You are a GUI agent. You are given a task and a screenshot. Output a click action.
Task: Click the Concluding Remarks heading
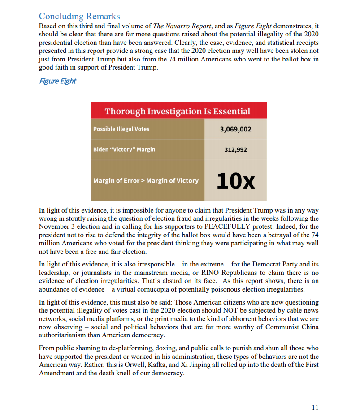[x=79, y=16]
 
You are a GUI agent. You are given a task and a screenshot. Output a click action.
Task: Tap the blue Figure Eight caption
[x=57, y=81]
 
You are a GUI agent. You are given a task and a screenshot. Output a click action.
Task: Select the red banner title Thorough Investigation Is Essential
[x=178, y=111]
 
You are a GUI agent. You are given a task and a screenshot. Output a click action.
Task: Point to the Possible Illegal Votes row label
[x=121, y=129]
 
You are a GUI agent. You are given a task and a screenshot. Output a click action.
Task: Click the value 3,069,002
[x=235, y=129]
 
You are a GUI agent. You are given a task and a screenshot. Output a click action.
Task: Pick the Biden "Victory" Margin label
[x=124, y=149]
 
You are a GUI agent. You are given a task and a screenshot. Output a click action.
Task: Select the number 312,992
[x=235, y=149]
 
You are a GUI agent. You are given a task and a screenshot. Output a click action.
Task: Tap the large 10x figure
[x=235, y=180]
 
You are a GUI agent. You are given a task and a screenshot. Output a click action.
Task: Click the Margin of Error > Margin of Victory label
[x=146, y=181]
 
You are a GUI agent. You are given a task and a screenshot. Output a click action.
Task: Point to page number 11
[x=315, y=408]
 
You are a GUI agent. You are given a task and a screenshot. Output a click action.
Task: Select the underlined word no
[x=315, y=273]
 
